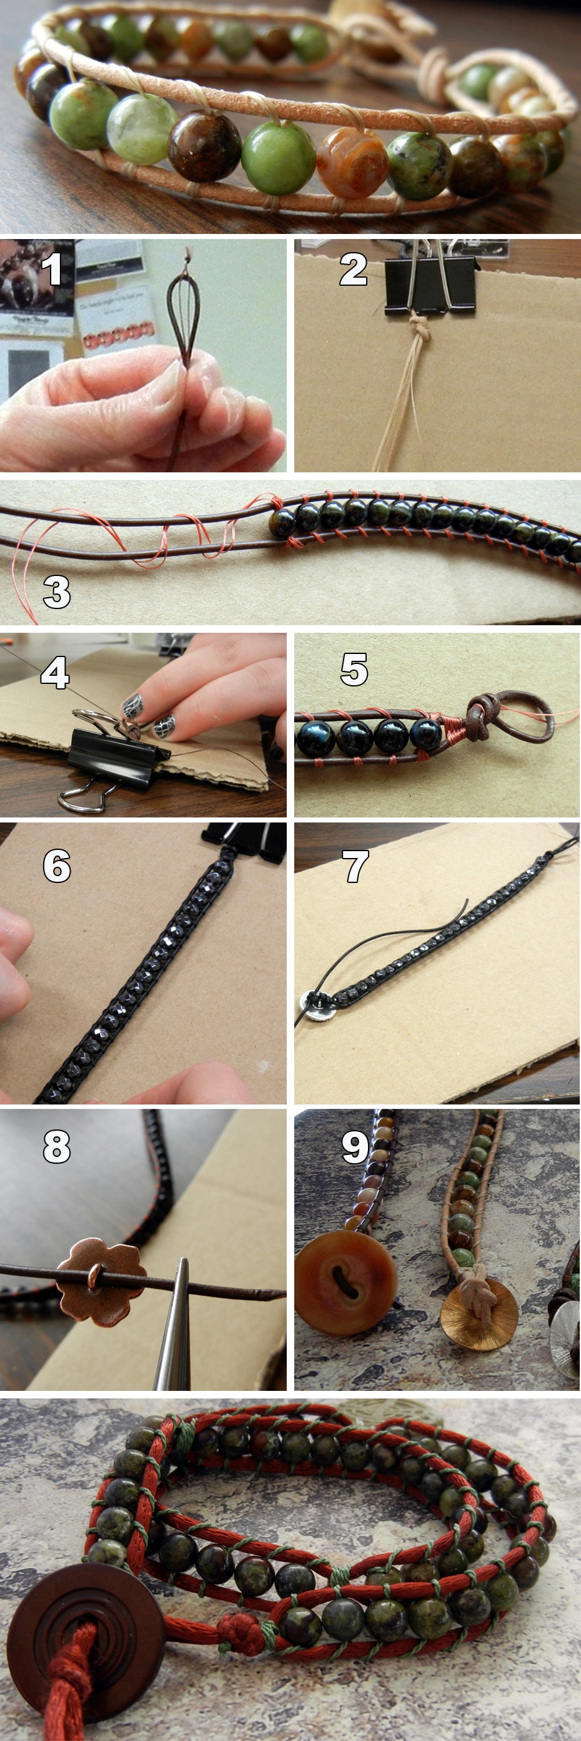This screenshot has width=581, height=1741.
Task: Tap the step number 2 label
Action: point(353,269)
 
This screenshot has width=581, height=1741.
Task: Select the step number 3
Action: point(57,592)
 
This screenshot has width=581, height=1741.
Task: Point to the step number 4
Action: point(55,673)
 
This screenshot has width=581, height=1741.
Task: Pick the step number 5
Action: point(354,669)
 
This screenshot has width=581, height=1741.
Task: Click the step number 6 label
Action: point(57,866)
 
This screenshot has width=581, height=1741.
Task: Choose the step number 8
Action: point(57,1146)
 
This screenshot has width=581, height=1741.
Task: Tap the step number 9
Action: point(355,1146)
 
